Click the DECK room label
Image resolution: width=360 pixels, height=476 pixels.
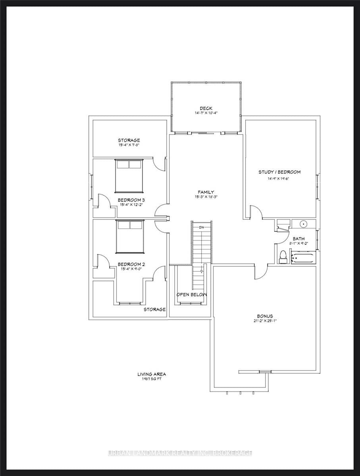[x=206, y=108]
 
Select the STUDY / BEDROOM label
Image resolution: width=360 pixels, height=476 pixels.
[x=279, y=172]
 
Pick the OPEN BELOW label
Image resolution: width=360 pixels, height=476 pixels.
[x=192, y=295]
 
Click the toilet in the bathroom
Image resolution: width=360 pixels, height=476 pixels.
[x=283, y=257]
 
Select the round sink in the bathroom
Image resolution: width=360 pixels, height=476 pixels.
[x=304, y=224]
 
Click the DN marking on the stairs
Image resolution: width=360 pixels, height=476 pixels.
[x=201, y=227]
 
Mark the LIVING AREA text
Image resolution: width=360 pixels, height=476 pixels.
[x=152, y=374]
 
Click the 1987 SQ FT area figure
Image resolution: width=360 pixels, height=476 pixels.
[x=152, y=379]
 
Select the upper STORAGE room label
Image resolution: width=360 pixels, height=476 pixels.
[x=129, y=140]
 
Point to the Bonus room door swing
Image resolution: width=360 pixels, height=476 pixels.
[x=259, y=272]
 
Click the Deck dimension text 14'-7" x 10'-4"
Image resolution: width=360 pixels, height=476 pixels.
[x=206, y=113]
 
